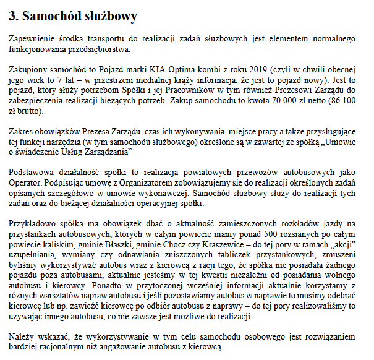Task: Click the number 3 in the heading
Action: click(x=14, y=14)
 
